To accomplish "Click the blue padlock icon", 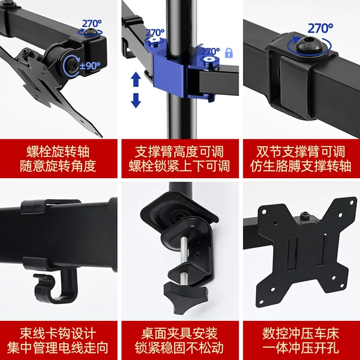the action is [x=229, y=53].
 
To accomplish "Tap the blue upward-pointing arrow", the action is [x=136, y=79].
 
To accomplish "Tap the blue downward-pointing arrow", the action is [x=136, y=100].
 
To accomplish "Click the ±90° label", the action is [x=90, y=66].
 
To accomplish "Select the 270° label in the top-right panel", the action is [x=320, y=28].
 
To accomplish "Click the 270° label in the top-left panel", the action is [x=92, y=23].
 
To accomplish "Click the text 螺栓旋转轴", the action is [x=58, y=152].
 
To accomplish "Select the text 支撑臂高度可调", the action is [x=179, y=152].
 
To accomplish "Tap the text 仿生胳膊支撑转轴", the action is [x=301, y=166].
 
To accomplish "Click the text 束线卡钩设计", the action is [x=58, y=334].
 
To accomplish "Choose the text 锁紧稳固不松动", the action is [x=179, y=347].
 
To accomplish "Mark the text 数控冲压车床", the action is [x=301, y=334].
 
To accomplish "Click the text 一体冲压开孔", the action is [x=301, y=347].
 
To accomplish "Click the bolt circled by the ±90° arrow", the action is [x=73, y=66].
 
